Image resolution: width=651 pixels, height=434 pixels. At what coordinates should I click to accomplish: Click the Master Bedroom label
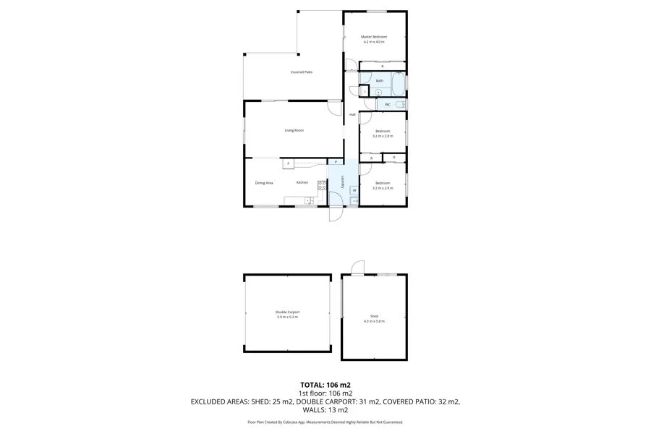coord(374,36)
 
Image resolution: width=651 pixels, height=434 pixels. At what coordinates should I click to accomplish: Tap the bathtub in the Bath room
coord(398,83)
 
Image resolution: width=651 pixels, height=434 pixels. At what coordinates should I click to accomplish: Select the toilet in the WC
coord(401,105)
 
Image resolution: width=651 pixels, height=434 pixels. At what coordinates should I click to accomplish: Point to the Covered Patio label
coord(302,72)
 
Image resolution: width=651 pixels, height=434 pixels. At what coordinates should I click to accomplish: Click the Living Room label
coord(294,130)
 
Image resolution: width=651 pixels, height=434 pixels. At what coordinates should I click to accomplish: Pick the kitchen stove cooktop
coord(322,184)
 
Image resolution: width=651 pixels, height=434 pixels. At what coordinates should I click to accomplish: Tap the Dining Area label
coord(264,183)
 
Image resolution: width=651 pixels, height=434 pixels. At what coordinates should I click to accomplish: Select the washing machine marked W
coord(354,190)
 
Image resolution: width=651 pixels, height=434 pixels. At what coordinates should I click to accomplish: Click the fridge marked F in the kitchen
coord(288,164)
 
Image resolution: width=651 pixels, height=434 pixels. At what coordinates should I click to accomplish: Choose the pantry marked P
coord(336,161)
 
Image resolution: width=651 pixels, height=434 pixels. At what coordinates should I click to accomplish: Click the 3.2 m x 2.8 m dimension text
coord(382,136)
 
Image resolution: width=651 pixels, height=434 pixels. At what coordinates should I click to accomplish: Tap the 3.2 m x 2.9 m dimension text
coord(382,188)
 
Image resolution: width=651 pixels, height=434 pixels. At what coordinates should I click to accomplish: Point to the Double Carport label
coord(287,312)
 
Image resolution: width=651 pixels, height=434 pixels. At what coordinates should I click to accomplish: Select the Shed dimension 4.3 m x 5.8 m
coord(374,321)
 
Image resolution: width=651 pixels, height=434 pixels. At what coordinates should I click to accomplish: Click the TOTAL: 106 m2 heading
coord(325,385)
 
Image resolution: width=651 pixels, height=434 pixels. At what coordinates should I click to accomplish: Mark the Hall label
coord(353,115)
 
